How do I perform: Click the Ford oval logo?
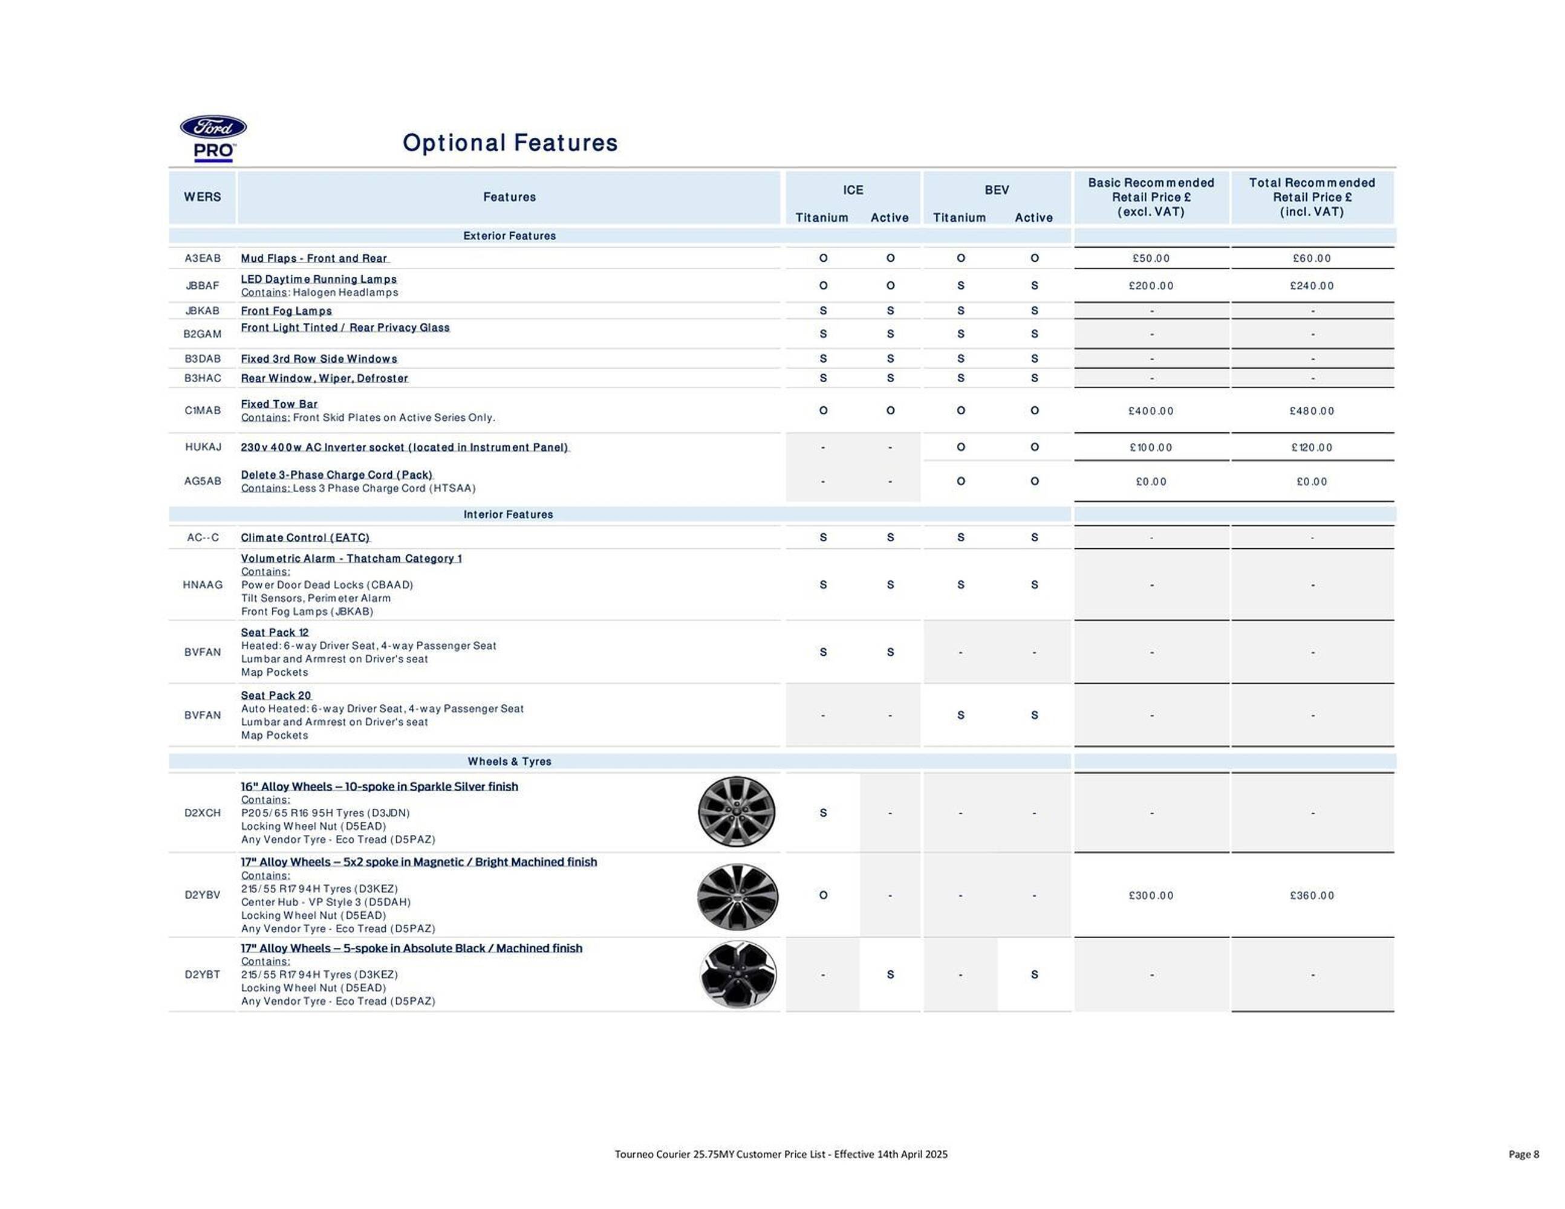[213, 128]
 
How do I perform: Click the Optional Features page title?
[510, 143]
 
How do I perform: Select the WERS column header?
[202, 197]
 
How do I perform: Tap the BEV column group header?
[996, 190]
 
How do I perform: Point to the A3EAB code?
[203, 259]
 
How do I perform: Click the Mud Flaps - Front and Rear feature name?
[314, 259]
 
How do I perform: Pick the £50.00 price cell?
[1151, 259]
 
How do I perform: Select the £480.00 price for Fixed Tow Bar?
[1312, 411]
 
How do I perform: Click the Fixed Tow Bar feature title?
[279, 404]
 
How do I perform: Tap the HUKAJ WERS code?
[203, 447]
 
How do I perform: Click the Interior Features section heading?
[508, 514]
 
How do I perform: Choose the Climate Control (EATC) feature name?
[305, 537]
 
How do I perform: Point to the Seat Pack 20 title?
[276, 695]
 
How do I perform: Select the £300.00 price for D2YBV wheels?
[1151, 895]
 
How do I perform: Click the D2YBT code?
[203, 975]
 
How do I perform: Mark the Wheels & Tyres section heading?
[510, 761]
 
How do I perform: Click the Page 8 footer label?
[1523, 1154]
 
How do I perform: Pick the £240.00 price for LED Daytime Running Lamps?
[1312, 286]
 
